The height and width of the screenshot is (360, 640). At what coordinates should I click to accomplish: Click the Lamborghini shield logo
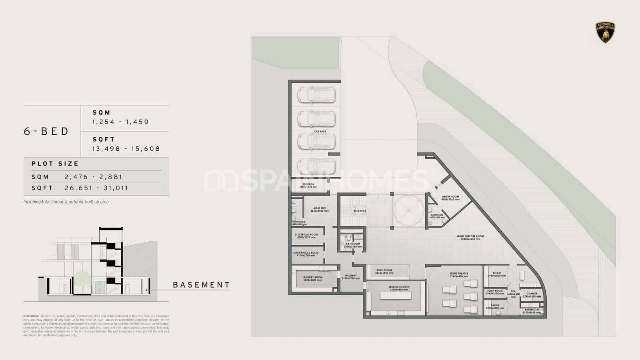(606, 32)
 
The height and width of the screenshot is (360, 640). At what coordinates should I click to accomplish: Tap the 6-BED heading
(46, 131)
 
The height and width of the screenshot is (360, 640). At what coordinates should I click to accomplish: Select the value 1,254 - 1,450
(120, 122)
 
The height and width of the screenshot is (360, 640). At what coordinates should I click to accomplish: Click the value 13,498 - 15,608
(126, 148)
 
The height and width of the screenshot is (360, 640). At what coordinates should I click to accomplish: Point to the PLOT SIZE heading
(55, 164)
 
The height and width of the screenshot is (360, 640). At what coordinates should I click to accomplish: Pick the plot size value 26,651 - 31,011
(96, 188)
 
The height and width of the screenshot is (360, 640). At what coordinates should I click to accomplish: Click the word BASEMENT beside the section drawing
(201, 285)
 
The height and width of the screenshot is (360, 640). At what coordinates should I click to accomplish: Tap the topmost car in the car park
(316, 95)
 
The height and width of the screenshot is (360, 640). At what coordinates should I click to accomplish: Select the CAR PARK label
(320, 131)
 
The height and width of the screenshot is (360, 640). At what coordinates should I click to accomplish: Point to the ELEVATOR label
(360, 211)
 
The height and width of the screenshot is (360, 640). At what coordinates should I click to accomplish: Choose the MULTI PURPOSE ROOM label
(470, 236)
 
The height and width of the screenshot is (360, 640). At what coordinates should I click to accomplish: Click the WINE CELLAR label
(384, 270)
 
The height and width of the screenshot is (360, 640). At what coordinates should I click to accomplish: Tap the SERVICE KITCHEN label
(399, 287)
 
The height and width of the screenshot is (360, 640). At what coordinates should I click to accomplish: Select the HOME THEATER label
(459, 274)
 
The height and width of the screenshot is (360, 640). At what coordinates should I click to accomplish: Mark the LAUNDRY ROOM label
(312, 277)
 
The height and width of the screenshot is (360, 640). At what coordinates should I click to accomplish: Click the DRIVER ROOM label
(450, 197)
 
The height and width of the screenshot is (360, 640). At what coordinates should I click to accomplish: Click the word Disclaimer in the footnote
(31, 316)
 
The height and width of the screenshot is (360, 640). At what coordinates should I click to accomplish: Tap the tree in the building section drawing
(82, 279)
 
